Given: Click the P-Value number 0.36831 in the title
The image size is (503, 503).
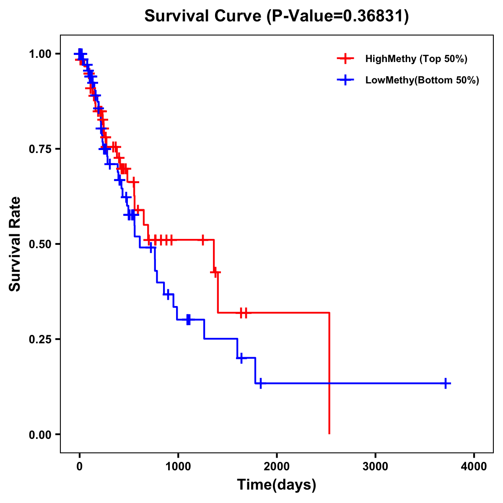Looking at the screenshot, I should click(x=374, y=16).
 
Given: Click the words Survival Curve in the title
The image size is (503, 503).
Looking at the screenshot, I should click(x=204, y=16).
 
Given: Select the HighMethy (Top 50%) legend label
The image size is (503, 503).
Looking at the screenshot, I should click(x=416, y=59).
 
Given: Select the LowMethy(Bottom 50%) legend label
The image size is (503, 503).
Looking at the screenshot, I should click(x=422, y=80).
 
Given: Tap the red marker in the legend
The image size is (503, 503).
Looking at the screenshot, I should click(x=345, y=59).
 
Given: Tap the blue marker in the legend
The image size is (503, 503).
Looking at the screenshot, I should click(x=345, y=80).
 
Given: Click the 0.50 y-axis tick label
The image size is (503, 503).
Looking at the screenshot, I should click(x=41, y=244).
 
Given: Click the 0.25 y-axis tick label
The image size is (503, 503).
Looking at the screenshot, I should click(x=41, y=340).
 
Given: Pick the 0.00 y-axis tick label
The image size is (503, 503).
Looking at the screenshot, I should click(x=41, y=435).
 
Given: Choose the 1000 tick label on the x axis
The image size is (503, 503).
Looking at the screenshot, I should click(x=178, y=467).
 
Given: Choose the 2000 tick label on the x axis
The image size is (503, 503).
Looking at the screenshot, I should click(x=277, y=467).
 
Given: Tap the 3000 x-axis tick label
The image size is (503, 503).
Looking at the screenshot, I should click(x=375, y=467).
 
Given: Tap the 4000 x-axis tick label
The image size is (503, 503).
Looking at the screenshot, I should click(x=474, y=467).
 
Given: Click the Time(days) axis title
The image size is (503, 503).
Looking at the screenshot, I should click(x=277, y=485).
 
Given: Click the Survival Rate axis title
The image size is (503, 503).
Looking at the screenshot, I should click(x=15, y=244).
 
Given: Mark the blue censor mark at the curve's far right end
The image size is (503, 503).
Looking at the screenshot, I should click(x=446, y=383).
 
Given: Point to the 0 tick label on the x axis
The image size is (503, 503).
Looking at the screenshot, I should click(x=79, y=467).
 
